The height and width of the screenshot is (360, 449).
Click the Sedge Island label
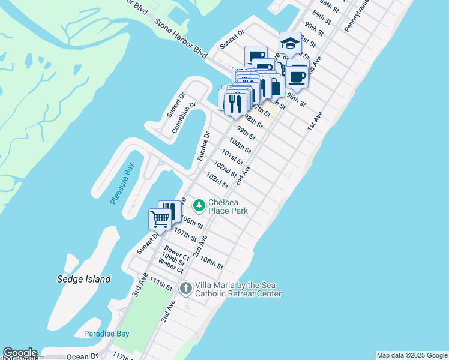[x=83, y=279]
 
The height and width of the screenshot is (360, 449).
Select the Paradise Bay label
[x=104, y=334]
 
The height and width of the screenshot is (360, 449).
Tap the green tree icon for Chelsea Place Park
[x=199, y=206]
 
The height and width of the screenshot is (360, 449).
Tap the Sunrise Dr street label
[x=203, y=147]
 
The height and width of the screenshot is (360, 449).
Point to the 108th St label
[x=211, y=263]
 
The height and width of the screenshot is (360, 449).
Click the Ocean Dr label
[x=82, y=356]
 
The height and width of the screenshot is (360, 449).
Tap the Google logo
[x=20, y=353]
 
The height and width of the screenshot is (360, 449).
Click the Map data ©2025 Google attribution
[x=412, y=355]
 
